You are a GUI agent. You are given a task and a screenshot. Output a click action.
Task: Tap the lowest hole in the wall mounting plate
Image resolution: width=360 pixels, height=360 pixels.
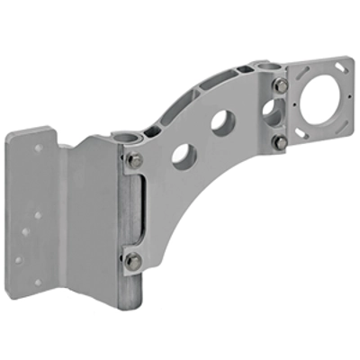pyautogui.click(x=37, y=283)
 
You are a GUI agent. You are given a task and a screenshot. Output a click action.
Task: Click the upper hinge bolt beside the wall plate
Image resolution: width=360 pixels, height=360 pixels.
pyautogui.click(x=133, y=160)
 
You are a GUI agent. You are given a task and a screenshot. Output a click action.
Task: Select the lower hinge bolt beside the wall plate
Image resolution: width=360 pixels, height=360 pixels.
pyautogui.click(x=132, y=261)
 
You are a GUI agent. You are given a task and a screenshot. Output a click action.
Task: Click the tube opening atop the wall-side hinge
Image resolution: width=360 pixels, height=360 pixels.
pyautogui.click(x=125, y=136)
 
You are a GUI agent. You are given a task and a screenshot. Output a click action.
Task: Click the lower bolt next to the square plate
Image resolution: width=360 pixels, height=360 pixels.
pyautogui.click(x=281, y=142)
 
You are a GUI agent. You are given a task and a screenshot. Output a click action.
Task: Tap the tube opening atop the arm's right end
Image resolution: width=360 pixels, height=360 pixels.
pyautogui.click(x=264, y=67)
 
